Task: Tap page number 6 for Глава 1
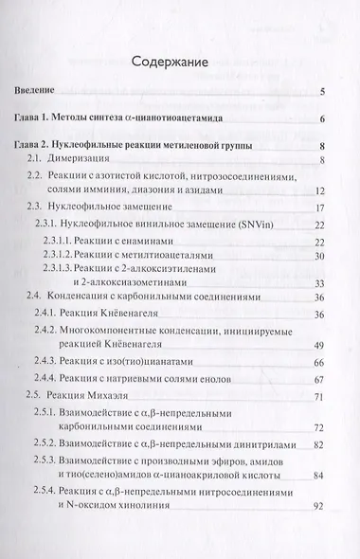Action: coord(324,119)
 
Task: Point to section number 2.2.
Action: coord(36,177)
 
